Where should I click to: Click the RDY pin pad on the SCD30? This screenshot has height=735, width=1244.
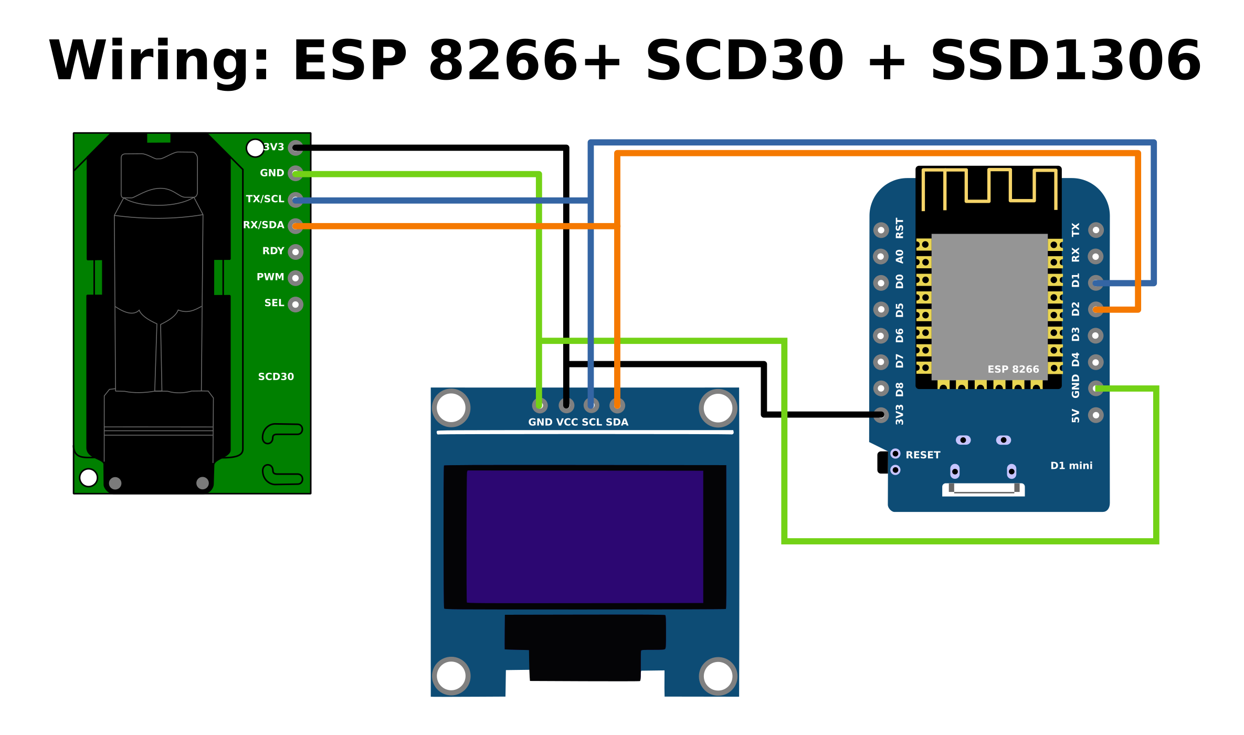pos(296,252)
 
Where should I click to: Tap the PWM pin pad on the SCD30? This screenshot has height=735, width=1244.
pos(296,278)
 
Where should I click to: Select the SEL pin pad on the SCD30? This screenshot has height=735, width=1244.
pos(296,304)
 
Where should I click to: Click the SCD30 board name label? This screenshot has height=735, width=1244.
pos(276,376)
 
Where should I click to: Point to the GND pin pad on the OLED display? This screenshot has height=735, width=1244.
pos(540,405)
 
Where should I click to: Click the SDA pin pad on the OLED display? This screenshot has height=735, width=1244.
pos(617,405)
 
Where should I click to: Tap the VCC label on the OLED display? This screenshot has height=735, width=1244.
pos(567,422)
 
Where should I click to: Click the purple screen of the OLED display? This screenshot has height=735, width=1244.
pos(585,537)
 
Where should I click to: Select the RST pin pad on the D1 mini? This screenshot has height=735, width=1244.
pos(881,230)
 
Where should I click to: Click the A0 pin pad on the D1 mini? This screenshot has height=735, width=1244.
pos(881,257)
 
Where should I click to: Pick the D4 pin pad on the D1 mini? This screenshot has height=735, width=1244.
pos(1096,362)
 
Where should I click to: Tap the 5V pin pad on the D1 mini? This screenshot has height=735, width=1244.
pos(1096,415)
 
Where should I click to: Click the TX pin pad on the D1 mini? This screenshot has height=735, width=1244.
pos(1096,230)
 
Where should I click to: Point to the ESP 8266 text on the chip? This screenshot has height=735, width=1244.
pos(1013,369)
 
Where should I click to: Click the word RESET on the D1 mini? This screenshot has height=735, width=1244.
pos(923,455)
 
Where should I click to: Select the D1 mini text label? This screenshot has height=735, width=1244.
pos(1071,466)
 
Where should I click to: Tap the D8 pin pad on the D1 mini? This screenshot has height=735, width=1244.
pos(881,388)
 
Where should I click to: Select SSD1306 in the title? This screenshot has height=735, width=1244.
pos(1066,61)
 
